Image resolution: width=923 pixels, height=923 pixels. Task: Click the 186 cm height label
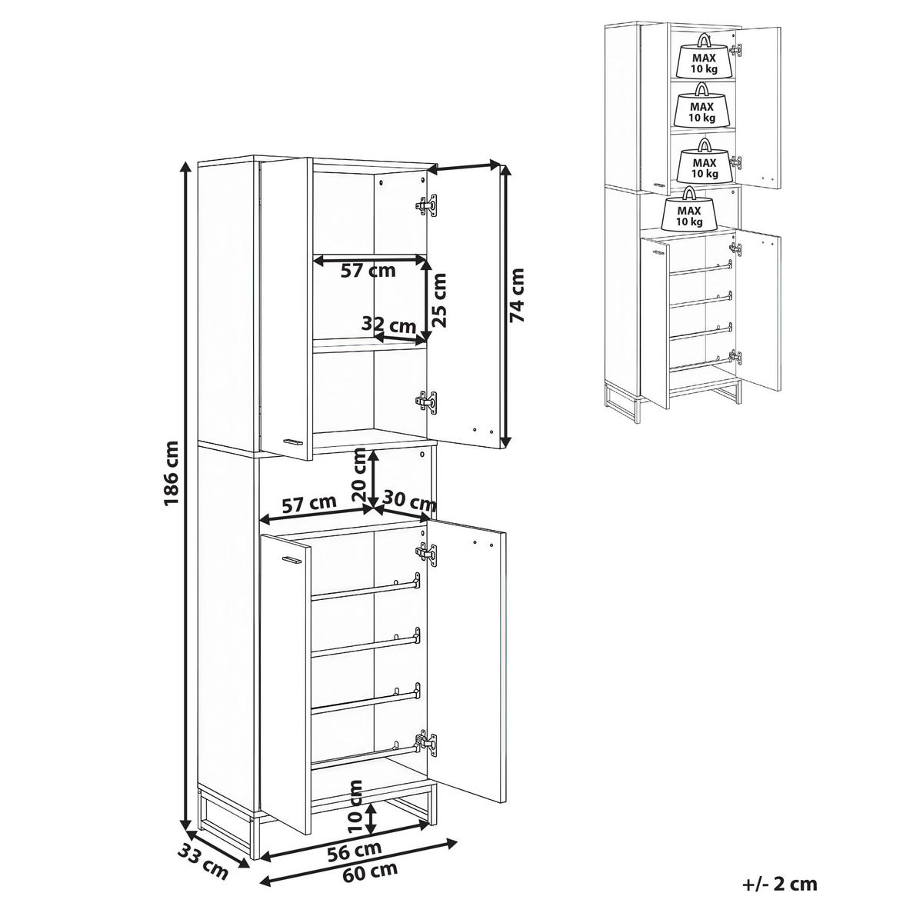click(x=172, y=473)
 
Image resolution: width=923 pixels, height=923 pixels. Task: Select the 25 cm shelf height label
click(x=438, y=300)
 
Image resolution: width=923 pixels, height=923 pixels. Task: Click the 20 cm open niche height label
click(x=359, y=475)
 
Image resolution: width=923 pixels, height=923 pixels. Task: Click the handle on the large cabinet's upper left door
click(x=292, y=442)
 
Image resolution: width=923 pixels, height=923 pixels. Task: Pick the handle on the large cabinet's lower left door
click(x=292, y=559)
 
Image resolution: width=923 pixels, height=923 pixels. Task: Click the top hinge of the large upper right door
click(x=426, y=205)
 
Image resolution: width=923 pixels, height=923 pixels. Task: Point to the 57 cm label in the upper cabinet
click(x=368, y=271)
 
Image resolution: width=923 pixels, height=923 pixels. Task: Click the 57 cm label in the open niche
click(x=309, y=503)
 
